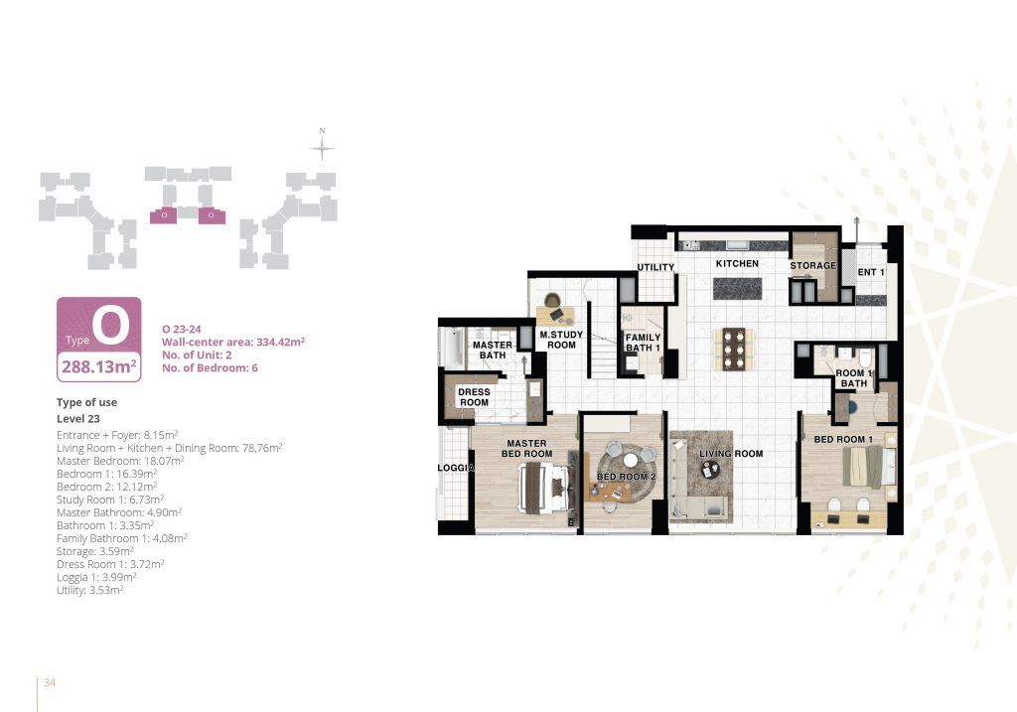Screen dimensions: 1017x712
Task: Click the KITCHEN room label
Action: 737,263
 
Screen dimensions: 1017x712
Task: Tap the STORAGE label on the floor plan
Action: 812,265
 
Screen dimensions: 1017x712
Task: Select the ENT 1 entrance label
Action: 871,272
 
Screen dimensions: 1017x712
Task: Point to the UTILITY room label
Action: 655,267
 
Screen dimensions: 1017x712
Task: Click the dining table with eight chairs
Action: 734,349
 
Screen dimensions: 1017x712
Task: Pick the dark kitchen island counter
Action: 738,289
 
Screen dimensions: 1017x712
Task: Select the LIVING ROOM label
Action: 731,454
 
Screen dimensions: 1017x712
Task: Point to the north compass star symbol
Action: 322,149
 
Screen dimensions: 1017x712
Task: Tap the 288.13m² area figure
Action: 98,366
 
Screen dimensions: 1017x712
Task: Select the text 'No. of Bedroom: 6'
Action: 210,367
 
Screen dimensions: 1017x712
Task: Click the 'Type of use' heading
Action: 87,402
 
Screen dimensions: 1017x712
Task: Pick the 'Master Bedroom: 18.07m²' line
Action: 120,461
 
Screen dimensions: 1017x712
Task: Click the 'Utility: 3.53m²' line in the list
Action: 89,590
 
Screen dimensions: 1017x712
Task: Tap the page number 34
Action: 50,682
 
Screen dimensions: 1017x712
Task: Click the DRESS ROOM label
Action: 474,397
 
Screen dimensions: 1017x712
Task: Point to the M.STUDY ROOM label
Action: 561,340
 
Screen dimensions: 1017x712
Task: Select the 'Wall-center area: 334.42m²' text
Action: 233,342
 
